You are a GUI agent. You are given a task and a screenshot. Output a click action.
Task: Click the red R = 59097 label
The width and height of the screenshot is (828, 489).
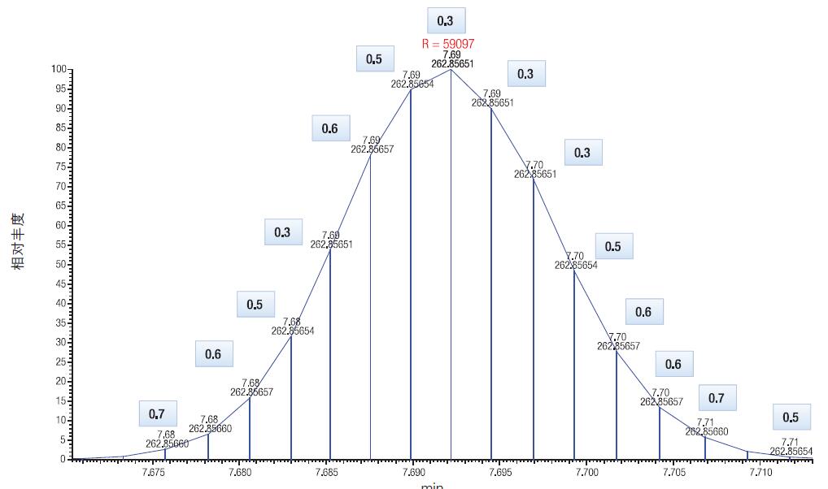pos(447,44)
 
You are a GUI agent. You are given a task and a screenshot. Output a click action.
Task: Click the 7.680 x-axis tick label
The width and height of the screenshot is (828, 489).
pos(239,472)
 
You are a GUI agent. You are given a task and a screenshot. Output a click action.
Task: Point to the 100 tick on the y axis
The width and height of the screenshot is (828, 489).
pos(59,69)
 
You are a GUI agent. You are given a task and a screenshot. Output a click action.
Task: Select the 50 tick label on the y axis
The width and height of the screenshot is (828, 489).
pos(61,264)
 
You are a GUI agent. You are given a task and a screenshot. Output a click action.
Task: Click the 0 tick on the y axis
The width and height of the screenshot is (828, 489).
pos(63,459)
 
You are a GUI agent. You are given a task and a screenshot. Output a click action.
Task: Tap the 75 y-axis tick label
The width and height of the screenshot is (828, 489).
pos(61,167)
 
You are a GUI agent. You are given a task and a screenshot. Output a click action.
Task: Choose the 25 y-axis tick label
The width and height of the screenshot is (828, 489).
pos(61,361)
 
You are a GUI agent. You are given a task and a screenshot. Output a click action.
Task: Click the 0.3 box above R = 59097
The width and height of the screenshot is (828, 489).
pos(446,21)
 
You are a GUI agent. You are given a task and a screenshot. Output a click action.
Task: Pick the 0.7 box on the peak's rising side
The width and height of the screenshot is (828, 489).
pos(157,414)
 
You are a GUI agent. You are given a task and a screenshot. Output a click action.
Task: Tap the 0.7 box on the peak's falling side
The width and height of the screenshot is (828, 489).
pos(717,398)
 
